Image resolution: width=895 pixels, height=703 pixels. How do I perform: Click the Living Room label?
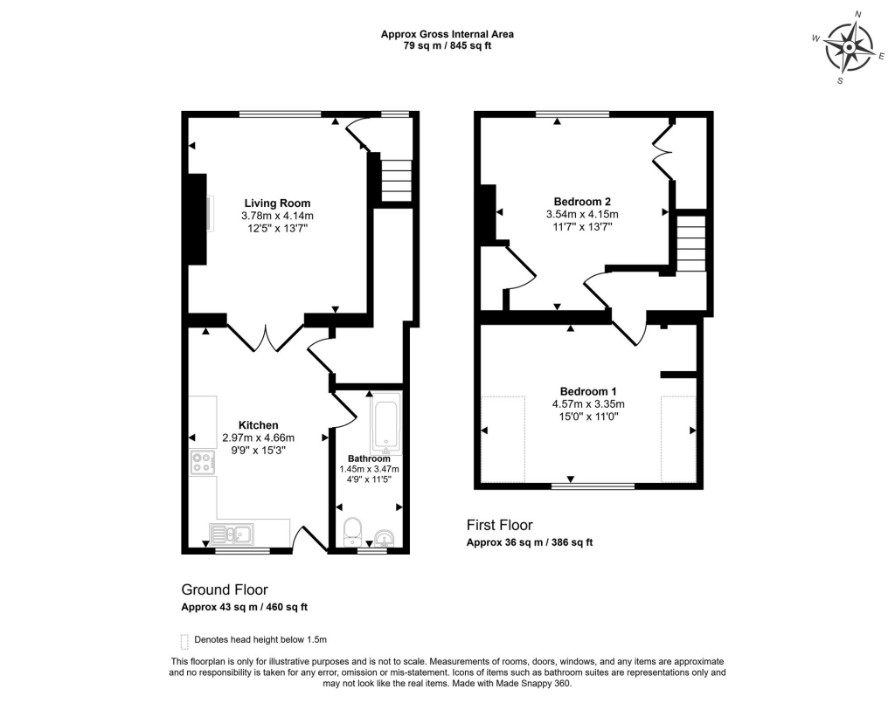(x=277, y=203)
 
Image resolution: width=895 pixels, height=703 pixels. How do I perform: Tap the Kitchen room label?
(x=258, y=425)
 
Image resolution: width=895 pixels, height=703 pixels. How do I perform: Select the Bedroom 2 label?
(x=582, y=201)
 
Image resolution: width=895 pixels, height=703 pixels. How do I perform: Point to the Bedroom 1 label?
(x=588, y=391)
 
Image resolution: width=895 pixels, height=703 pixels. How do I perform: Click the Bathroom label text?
(x=370, y=458)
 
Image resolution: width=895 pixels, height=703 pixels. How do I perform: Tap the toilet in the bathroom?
(x=352, y=531)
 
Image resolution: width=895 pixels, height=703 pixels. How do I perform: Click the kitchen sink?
(x=232, y=534)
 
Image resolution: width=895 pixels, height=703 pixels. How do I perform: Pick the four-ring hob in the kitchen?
(x=203, y=462)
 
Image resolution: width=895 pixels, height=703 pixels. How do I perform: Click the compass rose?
(x=850, y=48)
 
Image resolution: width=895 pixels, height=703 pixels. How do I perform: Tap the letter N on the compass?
(x=857, y=14)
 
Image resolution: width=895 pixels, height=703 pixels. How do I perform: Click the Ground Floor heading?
(x=225, y=589)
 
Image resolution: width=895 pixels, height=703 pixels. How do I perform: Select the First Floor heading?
(x=499, y=525)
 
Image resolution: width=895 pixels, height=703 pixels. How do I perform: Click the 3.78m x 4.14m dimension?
(x=277, y=216)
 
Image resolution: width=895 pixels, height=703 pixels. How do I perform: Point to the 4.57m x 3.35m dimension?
(x=588, y=403)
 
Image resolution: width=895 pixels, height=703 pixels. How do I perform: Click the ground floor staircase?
(x=396, y=180)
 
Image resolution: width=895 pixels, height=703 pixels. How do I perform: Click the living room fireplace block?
(x=198, y=219)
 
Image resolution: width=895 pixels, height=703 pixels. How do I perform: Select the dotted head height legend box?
(x=184, y=641)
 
